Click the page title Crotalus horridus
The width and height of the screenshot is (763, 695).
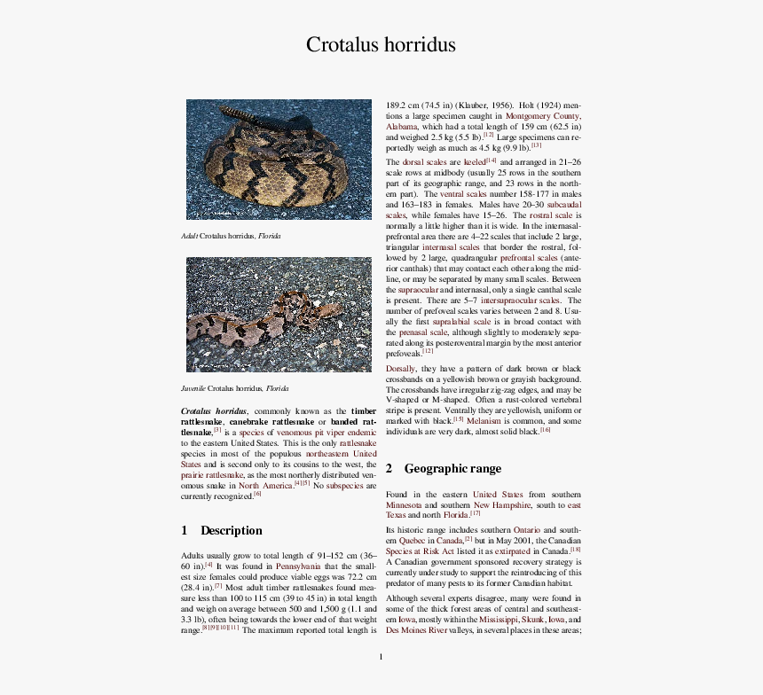[x=381, y=44]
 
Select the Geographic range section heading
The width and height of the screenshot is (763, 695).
[x=452, y=468]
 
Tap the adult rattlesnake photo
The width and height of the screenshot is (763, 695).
[x=279, y=160]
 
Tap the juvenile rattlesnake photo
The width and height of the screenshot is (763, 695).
[x=279, y=314]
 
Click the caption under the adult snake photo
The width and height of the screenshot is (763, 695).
[x=231, y=236]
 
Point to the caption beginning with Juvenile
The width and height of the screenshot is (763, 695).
[x=234, y=388]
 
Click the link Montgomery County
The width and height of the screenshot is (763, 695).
[x=543, y=115]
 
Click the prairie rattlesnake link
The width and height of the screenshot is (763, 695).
[x=213, y=474]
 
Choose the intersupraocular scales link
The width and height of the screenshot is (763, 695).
[x=522, y=301]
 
